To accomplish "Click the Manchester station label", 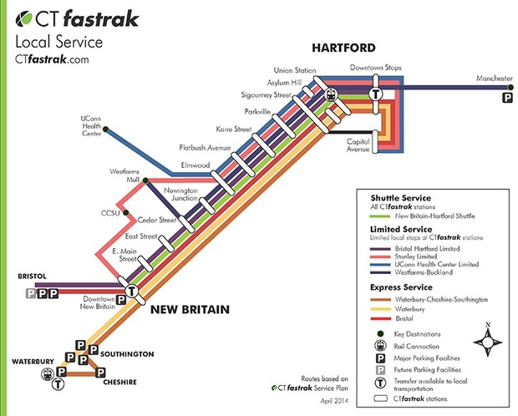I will click(493, 79).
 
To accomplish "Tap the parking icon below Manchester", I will click(506, 99).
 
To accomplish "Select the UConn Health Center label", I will click(89, 124).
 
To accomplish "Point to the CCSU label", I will click(111, 214).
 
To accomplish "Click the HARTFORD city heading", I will click(343, 48).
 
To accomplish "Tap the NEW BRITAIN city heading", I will click(190, 310).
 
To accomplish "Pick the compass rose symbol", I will click(488, 342).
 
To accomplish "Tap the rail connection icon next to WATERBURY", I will click(45, 373).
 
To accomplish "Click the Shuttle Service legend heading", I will click(395, 196).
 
